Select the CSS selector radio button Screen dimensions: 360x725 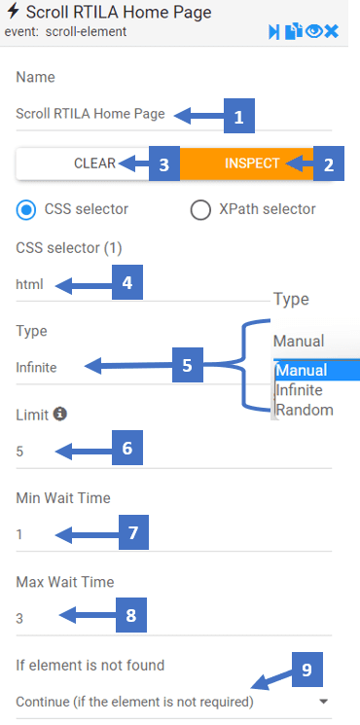pos(26,209)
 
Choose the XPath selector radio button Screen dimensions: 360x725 pos(200,209)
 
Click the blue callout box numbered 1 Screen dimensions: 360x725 pos(239,116)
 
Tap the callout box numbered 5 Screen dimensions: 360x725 pos(187,365)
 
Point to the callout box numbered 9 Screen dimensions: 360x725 pos(306,670)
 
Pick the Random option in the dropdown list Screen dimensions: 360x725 pos(305,410)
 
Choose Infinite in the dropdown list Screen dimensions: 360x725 pos(299,390)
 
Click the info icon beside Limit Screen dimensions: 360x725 pos(60,414)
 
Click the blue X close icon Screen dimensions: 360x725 pos(332,32)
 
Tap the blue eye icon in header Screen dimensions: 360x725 pos(313,31)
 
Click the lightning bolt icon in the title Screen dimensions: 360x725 pos(13,12)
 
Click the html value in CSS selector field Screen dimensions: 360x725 pos(29,284)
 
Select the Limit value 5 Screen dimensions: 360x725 pos(19,452)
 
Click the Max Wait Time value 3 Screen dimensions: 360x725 pos(19,619)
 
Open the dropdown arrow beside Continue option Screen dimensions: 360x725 pos(324,702)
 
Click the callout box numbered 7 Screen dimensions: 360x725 pos(133,532)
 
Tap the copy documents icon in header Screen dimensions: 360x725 pos(294,32)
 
